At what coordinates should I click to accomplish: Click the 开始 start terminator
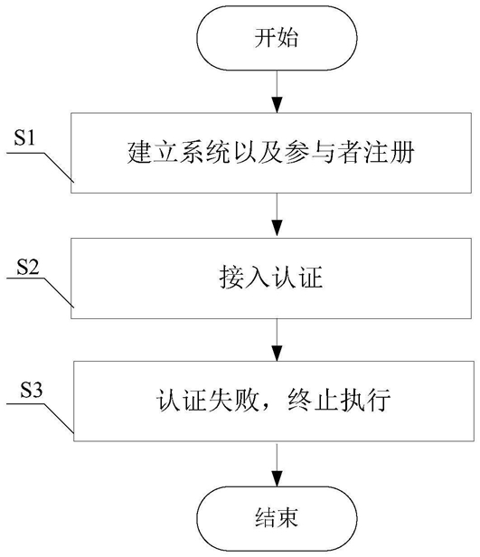click(277, 38)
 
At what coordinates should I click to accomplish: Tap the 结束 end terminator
click(277, 518)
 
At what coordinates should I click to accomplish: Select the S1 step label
click(24, 137)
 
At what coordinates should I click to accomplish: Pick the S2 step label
click(28, 267)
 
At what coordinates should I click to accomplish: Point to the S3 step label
click(32, 390)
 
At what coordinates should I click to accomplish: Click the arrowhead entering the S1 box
click(277, 105)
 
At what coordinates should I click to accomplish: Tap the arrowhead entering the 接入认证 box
click(277, 229)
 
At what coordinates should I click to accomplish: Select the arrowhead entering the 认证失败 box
click(277, 353)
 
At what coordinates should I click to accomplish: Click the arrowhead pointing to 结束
click(277, 478)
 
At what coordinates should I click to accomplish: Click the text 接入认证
click(271, 278)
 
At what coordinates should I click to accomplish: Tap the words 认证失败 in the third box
click(207, 401)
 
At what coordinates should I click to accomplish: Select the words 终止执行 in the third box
click(339, 401)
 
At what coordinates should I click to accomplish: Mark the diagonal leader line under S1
click(58, 167)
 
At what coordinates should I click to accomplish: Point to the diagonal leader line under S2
click(58, 293)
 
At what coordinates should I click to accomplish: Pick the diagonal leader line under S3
click(58, 418)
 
